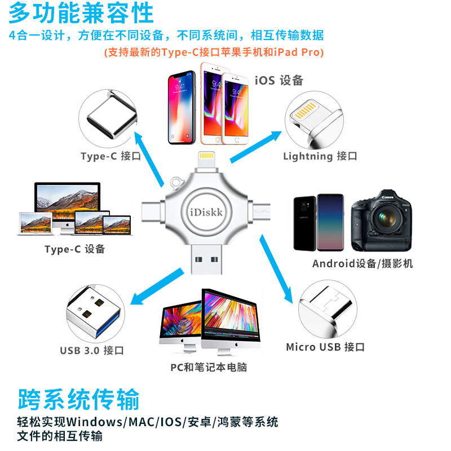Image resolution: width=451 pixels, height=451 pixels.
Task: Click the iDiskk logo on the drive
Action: [206, 213]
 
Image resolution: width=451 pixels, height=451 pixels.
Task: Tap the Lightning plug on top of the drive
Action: [206, 161]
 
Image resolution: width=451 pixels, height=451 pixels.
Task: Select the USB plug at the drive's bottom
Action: [206, 259]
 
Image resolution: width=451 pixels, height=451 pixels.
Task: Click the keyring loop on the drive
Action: [176, 183]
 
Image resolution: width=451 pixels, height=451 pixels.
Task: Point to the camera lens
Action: [387, 218]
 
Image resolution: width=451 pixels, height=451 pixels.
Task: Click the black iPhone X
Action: [182, 107]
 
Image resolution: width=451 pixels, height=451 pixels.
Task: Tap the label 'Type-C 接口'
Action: [110, 156]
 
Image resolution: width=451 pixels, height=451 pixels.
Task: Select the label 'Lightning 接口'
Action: [320, 156]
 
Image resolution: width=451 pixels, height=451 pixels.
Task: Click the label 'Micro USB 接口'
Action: [325, 347]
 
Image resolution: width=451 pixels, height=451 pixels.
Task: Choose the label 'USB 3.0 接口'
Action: [92, 350]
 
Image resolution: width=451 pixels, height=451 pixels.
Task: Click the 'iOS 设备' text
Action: [279, 80]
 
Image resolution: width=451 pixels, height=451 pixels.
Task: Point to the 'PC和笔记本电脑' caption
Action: [209, 368]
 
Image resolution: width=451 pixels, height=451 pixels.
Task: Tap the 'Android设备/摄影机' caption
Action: [362, 263]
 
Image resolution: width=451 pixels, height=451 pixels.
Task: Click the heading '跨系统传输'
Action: [78, 399]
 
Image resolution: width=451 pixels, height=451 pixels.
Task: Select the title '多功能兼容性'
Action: [81, 13]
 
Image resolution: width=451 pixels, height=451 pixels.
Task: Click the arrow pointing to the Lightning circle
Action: [256, 147]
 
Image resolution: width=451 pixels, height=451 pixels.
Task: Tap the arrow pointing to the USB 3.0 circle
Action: [157, 286]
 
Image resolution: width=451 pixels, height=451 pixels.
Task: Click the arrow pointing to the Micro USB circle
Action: [276, 269]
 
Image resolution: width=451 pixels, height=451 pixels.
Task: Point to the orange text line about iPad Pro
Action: [214, 52]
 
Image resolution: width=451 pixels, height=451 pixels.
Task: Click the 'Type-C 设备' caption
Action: [75, 249]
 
